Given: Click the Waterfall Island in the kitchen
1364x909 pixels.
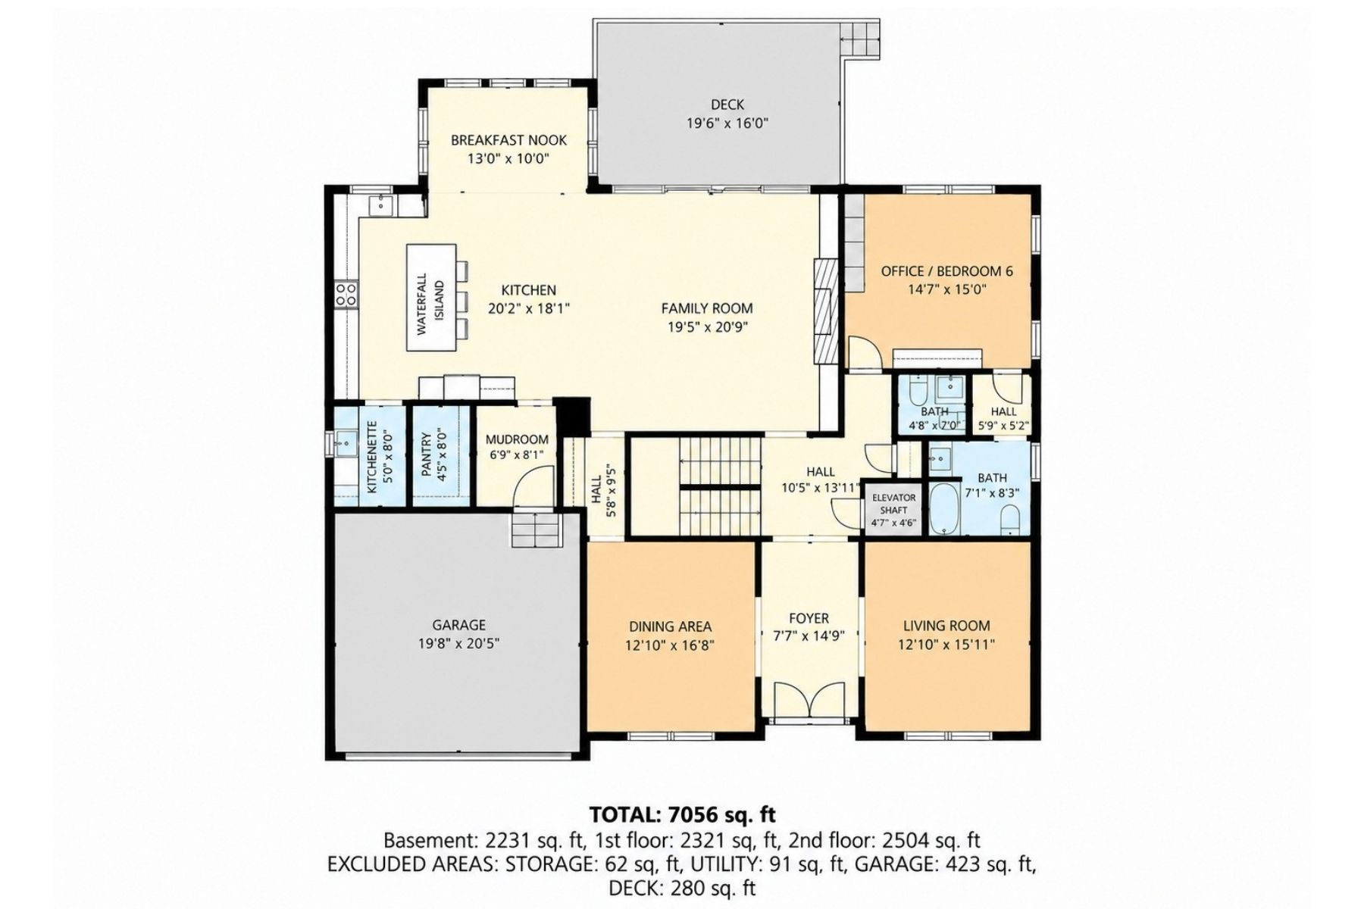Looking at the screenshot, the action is tap(432, 297).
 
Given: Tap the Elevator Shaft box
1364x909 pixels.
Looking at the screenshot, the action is tap(893, 510).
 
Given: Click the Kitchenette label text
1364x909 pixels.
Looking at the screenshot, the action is tap(372, 458).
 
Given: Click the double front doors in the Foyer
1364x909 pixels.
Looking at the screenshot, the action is tap(809, 698).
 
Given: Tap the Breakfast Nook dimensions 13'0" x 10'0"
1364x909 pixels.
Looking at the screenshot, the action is tap(508, 158).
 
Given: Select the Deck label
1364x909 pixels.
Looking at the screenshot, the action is tap(727, 105).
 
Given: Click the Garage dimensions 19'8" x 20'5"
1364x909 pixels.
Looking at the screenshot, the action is tap(458, 644).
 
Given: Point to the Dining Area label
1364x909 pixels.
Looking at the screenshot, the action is tap(670, 626).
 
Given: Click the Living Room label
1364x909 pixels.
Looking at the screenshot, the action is tap(946, 626).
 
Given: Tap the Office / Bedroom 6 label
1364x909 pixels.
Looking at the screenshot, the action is tap(946, 271).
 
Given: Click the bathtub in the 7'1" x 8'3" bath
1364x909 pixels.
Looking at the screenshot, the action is tap(944, 509).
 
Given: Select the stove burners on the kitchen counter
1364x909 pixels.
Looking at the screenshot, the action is tap(346, 294).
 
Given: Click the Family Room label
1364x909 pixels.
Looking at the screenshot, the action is tap(707, 308).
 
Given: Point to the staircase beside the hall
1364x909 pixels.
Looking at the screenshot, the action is tap(720, 486).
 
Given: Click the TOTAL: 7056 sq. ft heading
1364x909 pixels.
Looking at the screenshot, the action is tap(683, 815).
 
